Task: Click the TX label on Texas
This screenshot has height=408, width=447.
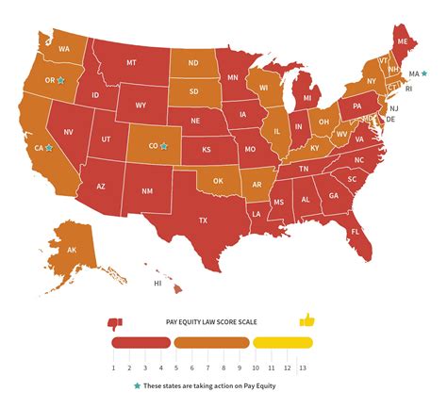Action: [202, 220]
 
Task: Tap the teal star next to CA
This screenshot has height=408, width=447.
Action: [48, 148]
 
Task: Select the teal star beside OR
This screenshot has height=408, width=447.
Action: [60, 81]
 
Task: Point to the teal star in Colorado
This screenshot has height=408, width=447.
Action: [163, 146]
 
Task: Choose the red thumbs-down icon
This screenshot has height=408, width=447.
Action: [116, 321]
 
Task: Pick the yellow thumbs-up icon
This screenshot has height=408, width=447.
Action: [306, 321]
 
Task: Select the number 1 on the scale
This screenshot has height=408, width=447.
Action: [112, 367]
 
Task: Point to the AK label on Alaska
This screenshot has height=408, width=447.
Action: [72, 250]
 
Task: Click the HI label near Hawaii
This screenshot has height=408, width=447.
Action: [159, 282]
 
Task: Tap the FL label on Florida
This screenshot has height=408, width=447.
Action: [356, 231]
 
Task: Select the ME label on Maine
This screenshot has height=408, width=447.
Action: [402, 42]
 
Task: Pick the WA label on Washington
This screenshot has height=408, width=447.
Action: [64, 48]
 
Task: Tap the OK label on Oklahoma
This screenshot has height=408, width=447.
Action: [218, 180]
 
